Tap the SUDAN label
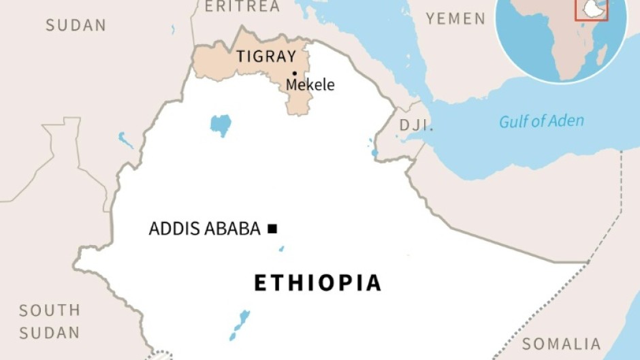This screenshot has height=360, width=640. [76, 26]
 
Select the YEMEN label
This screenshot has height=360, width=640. [456, 18]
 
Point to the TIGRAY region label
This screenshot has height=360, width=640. [266, 57]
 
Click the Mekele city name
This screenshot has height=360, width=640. [310, 85]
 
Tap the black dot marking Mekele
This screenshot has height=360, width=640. [295, 73]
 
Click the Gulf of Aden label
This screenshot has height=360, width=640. [541, 121]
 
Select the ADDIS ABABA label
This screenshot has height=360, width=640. [204, 229]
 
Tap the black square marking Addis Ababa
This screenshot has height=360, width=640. [272, 229]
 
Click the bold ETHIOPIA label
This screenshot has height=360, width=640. [317, 282]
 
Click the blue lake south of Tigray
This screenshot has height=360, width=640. [221, 125]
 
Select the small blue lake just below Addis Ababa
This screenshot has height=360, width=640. [281, 249]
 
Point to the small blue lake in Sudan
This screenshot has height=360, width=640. [126, 140]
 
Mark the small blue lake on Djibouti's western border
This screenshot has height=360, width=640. [374, 152]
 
